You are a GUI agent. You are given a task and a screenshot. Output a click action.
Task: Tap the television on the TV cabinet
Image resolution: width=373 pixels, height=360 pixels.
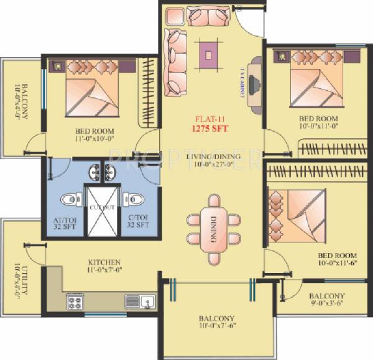(x=254, y=82)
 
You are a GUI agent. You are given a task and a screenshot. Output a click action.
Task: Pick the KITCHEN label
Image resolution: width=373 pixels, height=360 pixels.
(x=104, y=262)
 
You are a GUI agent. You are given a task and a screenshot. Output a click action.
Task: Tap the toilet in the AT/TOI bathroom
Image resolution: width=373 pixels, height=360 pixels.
(x=69, y=200)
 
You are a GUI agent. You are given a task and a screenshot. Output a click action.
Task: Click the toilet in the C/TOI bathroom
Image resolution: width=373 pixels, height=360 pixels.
(x=134, y=200)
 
